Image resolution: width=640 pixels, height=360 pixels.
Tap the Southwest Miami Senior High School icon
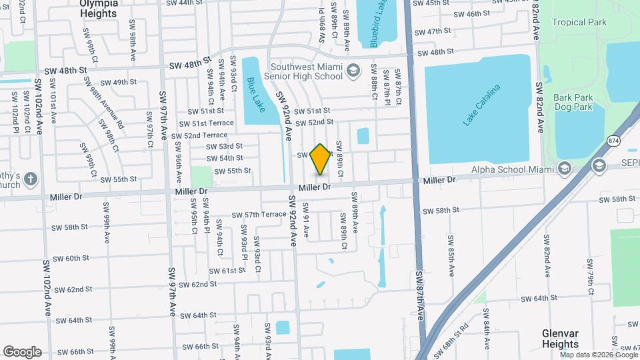tap(353, 69)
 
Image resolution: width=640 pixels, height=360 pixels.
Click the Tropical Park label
tap(578, 22)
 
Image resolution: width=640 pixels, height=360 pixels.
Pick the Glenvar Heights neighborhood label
tap(560, 339)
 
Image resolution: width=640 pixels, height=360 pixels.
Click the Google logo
tap(22, 351)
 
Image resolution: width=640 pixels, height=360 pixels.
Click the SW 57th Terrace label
tap(259, 215)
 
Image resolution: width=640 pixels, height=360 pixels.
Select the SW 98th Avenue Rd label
tap(103, 102)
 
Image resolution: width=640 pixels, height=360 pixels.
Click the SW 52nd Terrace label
tap(199, 135)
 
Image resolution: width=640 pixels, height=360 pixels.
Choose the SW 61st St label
tap(227, 271)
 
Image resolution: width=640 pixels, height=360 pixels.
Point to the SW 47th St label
tap(434, 31)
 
